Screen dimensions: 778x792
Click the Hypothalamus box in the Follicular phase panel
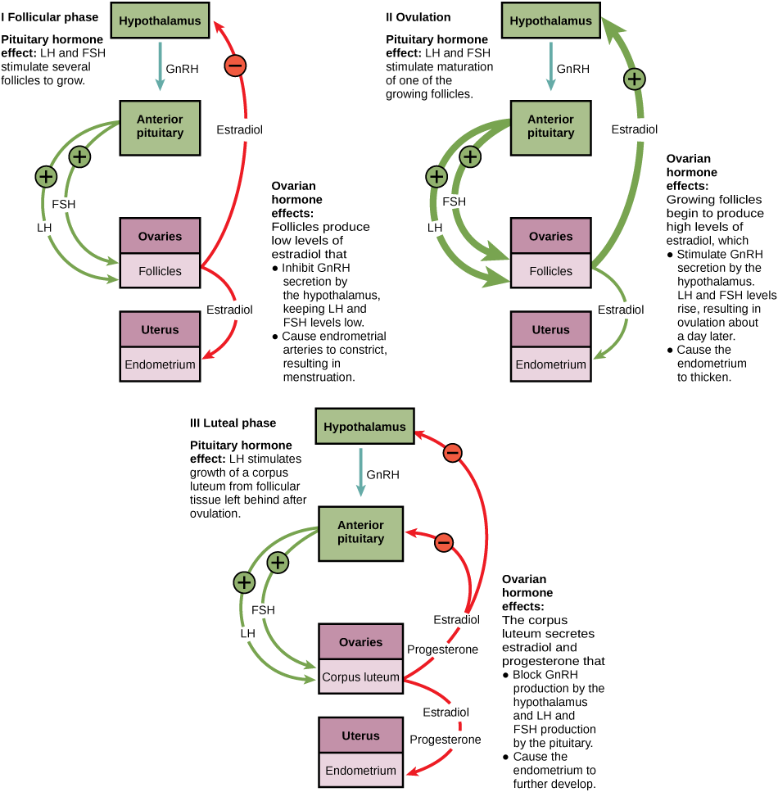click(161, 21)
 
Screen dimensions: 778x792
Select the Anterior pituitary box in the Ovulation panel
click(550, 126)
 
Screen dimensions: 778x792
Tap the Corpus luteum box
click(360, 677)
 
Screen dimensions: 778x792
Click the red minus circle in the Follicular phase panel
click(235, 65)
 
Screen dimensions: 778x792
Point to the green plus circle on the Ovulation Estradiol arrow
click(635, 79)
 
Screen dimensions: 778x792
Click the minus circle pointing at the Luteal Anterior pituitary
click(443, 541)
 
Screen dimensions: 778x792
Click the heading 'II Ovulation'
click(418, 16)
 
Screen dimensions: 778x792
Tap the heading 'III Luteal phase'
click(233, 423)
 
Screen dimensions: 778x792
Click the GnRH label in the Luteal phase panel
click(382, 474)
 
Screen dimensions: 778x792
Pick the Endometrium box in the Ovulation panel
click(550, 364)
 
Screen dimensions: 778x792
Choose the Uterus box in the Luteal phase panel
click(360, 735)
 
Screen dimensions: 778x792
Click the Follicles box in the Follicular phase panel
click(161, 271)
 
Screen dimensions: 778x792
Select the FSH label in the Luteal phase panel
click(263, 610)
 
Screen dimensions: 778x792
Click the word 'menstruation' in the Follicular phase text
click(319, 378)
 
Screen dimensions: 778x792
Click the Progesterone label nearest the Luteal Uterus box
click(445, 739)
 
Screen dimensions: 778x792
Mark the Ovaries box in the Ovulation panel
click(550, 236)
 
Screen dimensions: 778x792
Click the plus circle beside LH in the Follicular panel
click(46, 175)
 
